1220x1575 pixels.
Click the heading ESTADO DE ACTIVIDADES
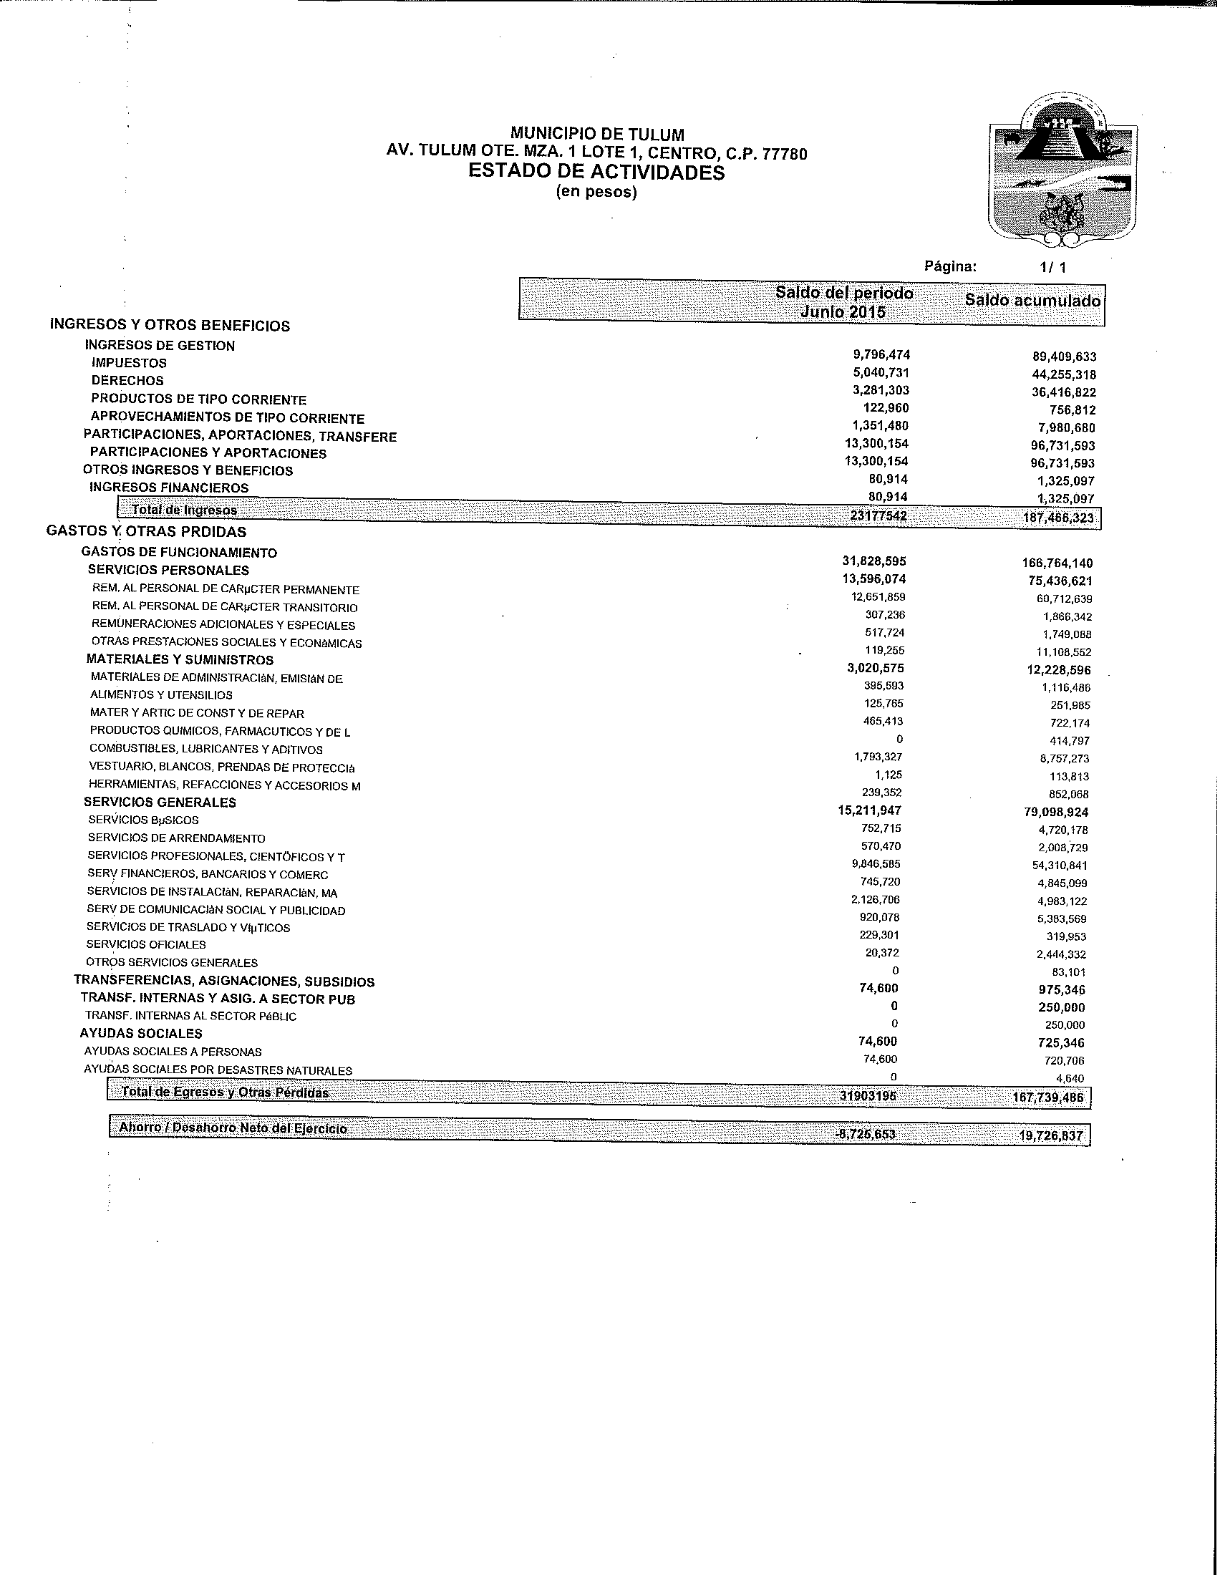coord(596,173)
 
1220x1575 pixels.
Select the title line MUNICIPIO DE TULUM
coord(597,134)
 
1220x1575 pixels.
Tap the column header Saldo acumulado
coord(1032,301)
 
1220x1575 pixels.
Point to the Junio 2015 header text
coord(843,311)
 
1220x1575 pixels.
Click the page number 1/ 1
coord(1052,268)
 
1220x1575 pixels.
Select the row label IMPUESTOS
coord(129,364)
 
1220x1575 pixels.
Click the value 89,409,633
coord(1063,357)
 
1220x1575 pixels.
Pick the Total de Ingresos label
coord(184,510)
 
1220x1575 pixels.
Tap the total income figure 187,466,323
coord(1057,518)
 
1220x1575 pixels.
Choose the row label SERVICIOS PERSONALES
coord(168,571)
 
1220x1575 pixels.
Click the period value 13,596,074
coord(874,579)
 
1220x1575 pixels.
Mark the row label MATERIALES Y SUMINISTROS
coord(180,660)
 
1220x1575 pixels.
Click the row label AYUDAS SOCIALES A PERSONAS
coord(173,1052)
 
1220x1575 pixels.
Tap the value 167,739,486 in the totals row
coord(1047,1099)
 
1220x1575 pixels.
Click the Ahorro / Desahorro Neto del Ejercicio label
coord(233,1128)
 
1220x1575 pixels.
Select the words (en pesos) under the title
coord(596,193)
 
